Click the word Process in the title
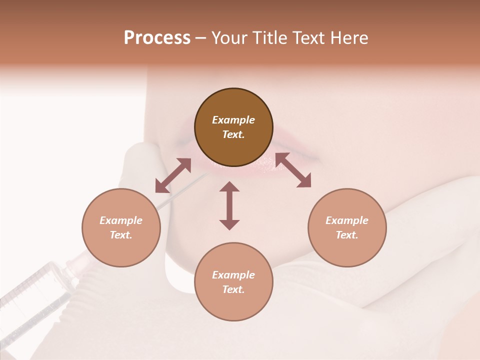pyautogui.click(x=157, y=38)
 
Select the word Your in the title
pyautogui.click(x=228, y=38)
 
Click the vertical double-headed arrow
pyautogui.click(x=229, y=205)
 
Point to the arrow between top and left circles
pyautogui.click(x=173, y=175)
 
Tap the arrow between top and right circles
pyautogui.click(x=293, y=170)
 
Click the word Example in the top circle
pyautogui.click(x=233, y=120)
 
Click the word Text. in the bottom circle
pyautogui.click(x=233, y=289)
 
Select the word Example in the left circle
pyautogui.click(x=121, y=220)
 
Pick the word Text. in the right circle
pyautogui.click(x=347, y=235)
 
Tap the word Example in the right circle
pyautogui.click(x=347, y=220)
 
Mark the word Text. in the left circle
pyautogui.click(x=121, y=235)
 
